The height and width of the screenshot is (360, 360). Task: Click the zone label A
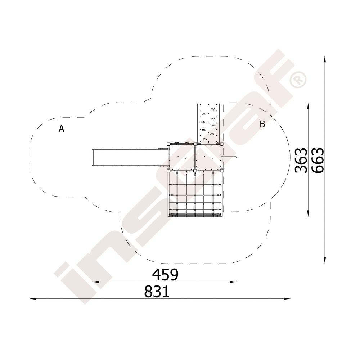61,129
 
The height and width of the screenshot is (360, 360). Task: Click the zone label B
262,124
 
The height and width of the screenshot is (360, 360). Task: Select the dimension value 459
165,275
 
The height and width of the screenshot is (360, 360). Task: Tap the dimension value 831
157,292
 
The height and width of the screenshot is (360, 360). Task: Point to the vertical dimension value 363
301,160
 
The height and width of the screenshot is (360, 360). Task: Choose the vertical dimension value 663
318,160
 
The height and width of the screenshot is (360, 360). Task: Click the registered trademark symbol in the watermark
298,80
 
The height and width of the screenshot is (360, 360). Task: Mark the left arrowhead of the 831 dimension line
33,299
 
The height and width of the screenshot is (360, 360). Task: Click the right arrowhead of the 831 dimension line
287,299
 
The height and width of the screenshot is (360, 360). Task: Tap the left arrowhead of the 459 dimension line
95,282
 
